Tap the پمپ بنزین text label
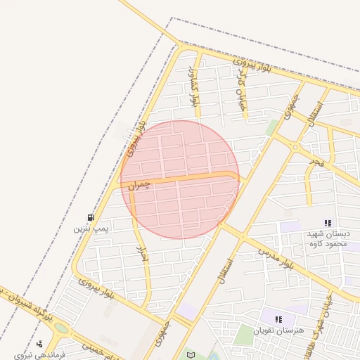tap(91, 229)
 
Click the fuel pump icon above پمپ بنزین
tap(91, 217)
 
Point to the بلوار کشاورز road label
tap(194, 88)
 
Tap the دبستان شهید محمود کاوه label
tap(328, 238)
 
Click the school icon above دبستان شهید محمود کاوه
tap(328, 222)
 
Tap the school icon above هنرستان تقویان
tap(278, 319)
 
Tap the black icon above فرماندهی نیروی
tap(39, 344)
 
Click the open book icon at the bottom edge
tap(189, 354)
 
